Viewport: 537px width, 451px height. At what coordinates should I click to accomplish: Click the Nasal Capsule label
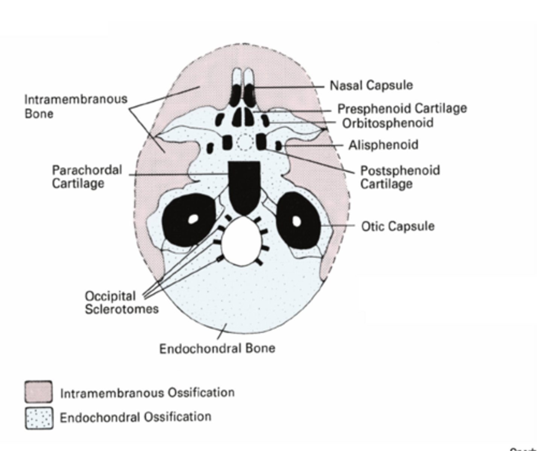371,85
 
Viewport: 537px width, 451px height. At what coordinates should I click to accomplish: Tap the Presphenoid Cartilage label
402,109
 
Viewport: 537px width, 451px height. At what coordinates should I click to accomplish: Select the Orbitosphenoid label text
387,123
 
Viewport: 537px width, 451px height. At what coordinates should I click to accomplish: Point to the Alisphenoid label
383,145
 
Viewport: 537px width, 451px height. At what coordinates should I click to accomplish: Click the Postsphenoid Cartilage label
400,177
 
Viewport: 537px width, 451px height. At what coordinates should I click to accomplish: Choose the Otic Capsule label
397,226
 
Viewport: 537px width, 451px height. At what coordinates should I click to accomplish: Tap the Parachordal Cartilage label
87,177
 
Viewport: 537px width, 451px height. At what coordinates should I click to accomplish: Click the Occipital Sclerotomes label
121,302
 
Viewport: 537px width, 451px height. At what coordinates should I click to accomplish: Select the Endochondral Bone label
217,348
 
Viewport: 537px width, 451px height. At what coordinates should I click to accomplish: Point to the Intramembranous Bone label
76,106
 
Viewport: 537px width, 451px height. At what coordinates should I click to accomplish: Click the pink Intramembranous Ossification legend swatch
39,392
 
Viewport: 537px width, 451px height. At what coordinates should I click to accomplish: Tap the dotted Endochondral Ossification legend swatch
39,418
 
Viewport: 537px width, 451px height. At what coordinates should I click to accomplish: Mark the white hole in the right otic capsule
297,221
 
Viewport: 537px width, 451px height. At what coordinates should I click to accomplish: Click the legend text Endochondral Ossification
135,417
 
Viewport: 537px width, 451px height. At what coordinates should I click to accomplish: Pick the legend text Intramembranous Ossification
147,393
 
